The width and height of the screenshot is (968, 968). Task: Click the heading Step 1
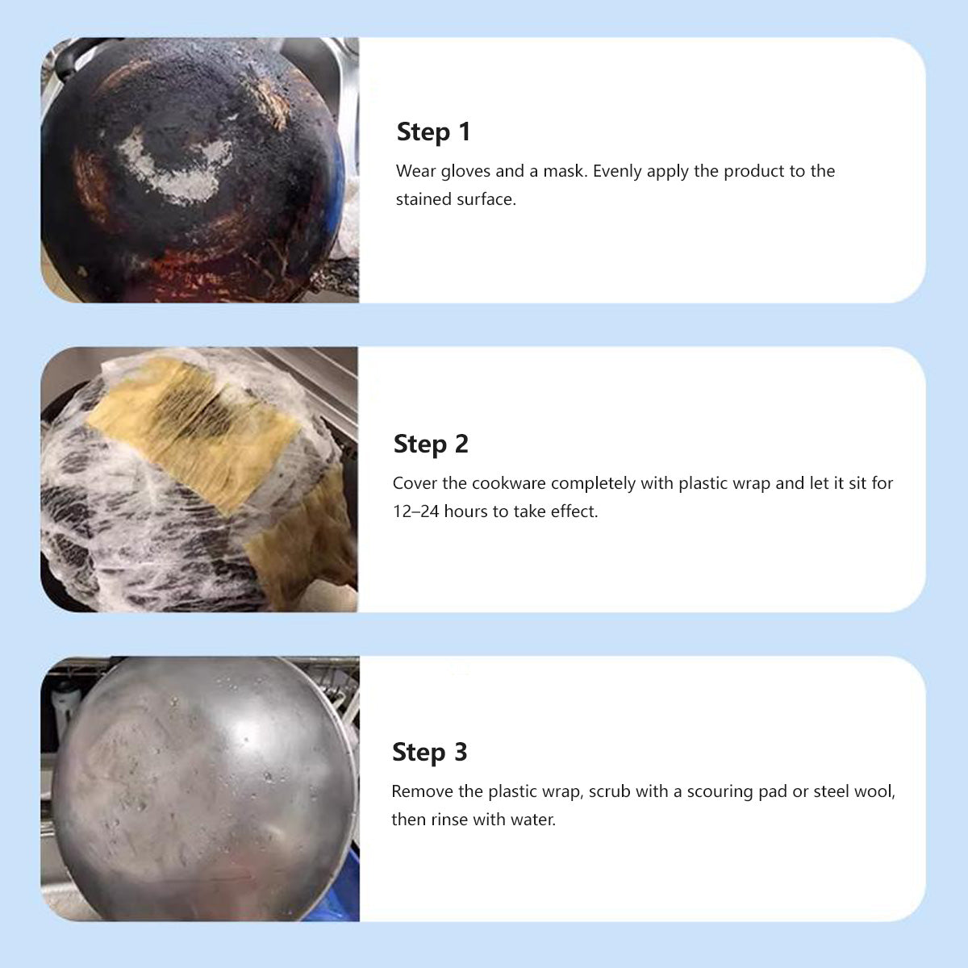433,131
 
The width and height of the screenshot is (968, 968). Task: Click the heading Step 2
431,444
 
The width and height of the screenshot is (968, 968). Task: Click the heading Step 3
429,752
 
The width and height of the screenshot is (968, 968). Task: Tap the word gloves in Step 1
465,172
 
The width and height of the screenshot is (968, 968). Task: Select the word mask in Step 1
565,171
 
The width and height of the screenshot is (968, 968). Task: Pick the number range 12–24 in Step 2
416,511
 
